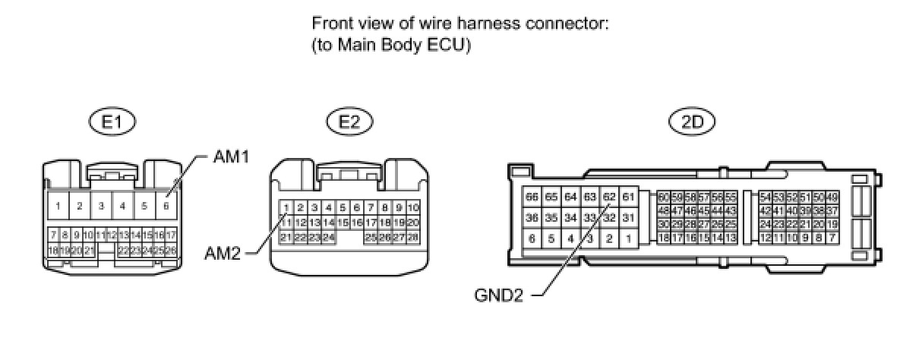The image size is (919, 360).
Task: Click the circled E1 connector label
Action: pos(112,122)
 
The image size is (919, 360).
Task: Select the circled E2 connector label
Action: pos(349,122)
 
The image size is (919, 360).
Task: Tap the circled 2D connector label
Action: pos(692,122)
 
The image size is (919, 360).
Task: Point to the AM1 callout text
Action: pos(230,157)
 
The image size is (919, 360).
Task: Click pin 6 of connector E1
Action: pos(166,205)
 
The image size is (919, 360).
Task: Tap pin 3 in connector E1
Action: pos(100,205)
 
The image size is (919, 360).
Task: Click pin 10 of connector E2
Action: pos(413,207)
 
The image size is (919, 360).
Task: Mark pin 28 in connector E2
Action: pos(413,238)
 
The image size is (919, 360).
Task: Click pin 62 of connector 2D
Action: pos(608,197)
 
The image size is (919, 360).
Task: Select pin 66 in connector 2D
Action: pos(532,197)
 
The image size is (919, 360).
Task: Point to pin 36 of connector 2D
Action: pos(532,218)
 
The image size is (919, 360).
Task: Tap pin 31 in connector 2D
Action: pos(628,218)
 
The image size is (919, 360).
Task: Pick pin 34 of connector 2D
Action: pos(570,218)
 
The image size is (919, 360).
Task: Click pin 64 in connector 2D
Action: pos(570,197)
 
